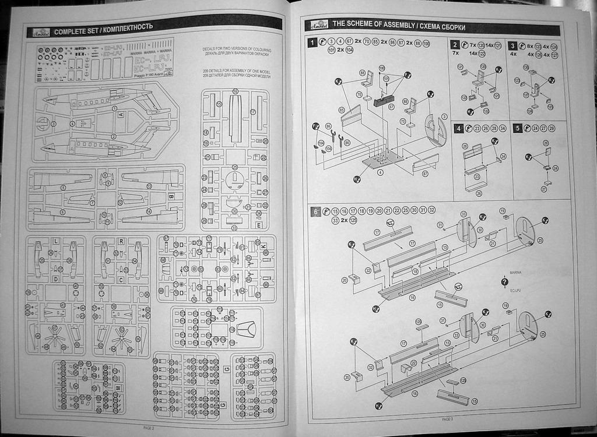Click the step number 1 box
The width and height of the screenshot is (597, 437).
pyautogui.click(x=313, y=43)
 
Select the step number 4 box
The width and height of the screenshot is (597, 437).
pyautogui.click(x=459, y=128)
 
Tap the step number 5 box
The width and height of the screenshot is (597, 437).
pyautogui.click(x=517, y=128)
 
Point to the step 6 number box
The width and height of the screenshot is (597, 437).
pyautogui.click(x=315, y=212)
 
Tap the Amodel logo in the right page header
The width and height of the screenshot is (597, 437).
pyautogui.click(x=317, y=25)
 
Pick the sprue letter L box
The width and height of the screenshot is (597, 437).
pyautogui.click(x=55, y=241)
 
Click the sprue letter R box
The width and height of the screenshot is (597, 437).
pyautogui.click(x=120, y=241)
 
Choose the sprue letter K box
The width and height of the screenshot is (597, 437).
pyautogui.click(x=263, y=247)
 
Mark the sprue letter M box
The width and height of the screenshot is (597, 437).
pyautogui.click(x=119, y=387)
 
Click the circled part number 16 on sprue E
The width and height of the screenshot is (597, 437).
pyautogui.click(x=235, y=92)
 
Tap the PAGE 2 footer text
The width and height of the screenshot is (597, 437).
pyautogui.click(x=148, y=427)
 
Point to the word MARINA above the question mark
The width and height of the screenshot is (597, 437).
pyautogui.click(x=515, y=272)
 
